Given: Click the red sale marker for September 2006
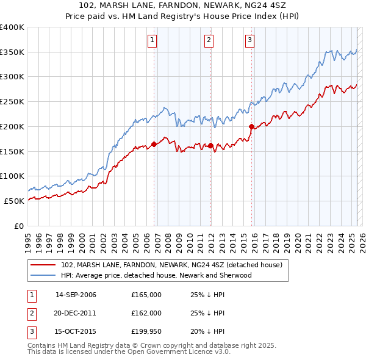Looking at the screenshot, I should click(154, 144).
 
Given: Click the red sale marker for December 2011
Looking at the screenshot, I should click(210, 145).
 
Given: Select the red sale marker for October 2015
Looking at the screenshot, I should click(251, 127).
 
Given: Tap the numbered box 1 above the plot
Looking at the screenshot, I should click(152, 40).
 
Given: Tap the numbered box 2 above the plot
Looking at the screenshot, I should click(209, 40).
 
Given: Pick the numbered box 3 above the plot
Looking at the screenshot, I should click(249, 40).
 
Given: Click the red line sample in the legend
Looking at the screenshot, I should click(43, 265).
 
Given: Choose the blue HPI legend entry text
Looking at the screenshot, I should click(156, 275).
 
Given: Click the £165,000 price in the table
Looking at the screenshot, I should click(146, 295).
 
